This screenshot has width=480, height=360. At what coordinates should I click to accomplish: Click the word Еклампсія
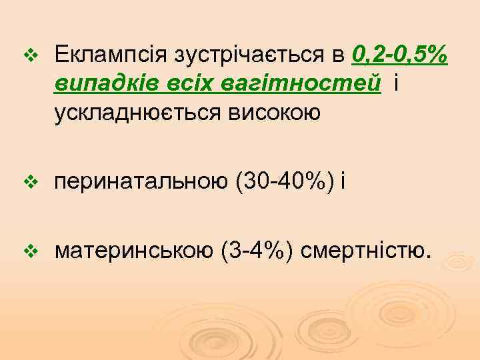coord(111,53)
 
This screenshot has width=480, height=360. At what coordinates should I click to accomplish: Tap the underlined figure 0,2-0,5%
coord(400,53)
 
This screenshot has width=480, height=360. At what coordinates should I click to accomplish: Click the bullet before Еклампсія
coord(27,54)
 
